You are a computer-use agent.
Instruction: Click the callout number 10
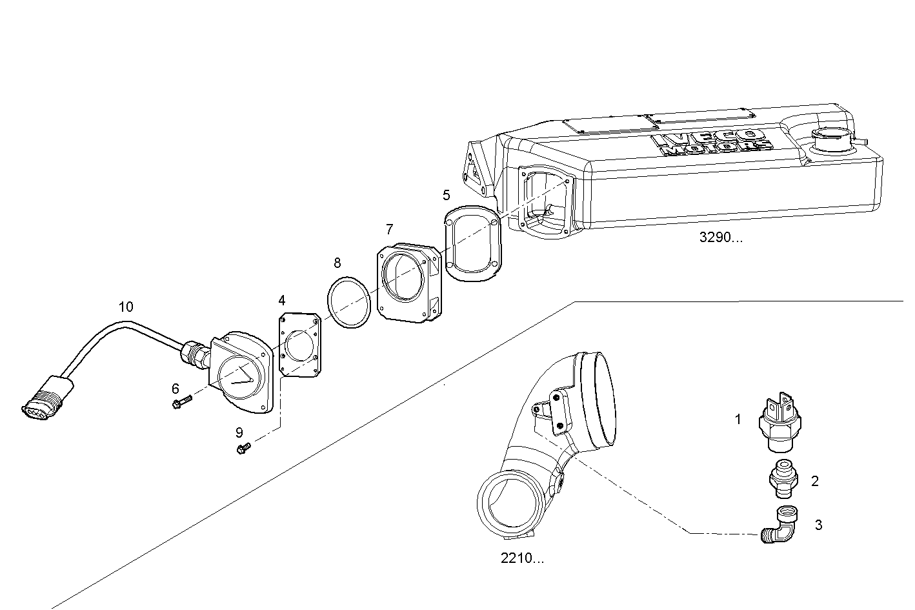point(126,307)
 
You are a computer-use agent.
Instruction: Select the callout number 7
point(389,229)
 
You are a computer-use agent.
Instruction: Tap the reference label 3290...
point(721,237)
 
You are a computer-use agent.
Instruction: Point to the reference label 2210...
point(522,558)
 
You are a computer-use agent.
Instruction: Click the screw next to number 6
point(181,403)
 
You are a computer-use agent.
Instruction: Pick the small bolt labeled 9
point(245,447)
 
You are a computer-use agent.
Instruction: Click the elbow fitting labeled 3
point(781,525)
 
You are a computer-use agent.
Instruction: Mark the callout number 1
point(738,420)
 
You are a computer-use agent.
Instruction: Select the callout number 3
point(818,525)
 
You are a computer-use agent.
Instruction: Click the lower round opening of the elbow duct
point(510,502)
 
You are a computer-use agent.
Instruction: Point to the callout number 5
point(446,194)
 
